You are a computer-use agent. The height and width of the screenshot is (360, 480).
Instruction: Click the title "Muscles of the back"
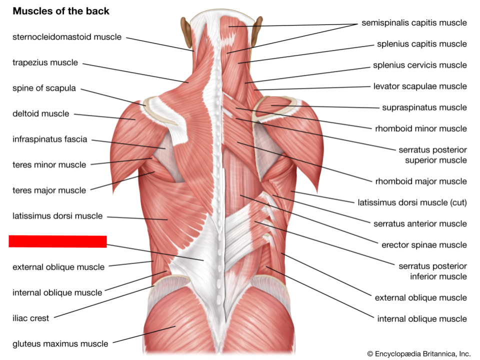[60, 11]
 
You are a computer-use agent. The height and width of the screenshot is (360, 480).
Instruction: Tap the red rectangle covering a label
[57, 241]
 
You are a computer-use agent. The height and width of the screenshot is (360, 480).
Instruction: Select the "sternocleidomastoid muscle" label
[66, 37]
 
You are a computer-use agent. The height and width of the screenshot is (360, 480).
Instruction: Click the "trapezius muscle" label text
[45, 62]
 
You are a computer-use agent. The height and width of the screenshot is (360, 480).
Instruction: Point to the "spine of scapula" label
[44, 88]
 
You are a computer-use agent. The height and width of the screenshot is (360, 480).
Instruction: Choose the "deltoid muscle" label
[40, 113]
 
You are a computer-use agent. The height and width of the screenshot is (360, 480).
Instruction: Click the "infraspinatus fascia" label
[49, 139]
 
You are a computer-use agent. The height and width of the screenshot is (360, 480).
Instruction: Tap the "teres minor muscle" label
[49, 164]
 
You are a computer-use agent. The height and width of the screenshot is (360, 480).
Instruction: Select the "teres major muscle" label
[49, 190]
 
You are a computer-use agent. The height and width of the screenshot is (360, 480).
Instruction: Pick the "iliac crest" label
[30, 318]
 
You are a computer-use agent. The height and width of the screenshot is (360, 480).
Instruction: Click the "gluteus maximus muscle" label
[60, 343]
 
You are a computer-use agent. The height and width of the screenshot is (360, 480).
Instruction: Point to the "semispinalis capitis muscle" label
[414, 22]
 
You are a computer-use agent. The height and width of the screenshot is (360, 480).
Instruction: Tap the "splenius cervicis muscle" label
[419, 65]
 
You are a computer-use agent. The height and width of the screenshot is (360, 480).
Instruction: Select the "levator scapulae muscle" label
[420, 86]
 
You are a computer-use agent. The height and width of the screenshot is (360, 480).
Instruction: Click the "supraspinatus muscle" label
[424, 107]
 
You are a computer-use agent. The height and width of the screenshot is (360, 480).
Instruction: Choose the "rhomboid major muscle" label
[421, 181]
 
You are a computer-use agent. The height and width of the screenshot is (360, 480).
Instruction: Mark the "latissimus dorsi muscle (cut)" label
[412, 202]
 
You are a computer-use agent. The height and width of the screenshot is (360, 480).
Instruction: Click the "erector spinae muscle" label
[424, 244]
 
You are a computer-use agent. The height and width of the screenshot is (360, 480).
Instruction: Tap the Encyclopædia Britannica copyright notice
[419, 353]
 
